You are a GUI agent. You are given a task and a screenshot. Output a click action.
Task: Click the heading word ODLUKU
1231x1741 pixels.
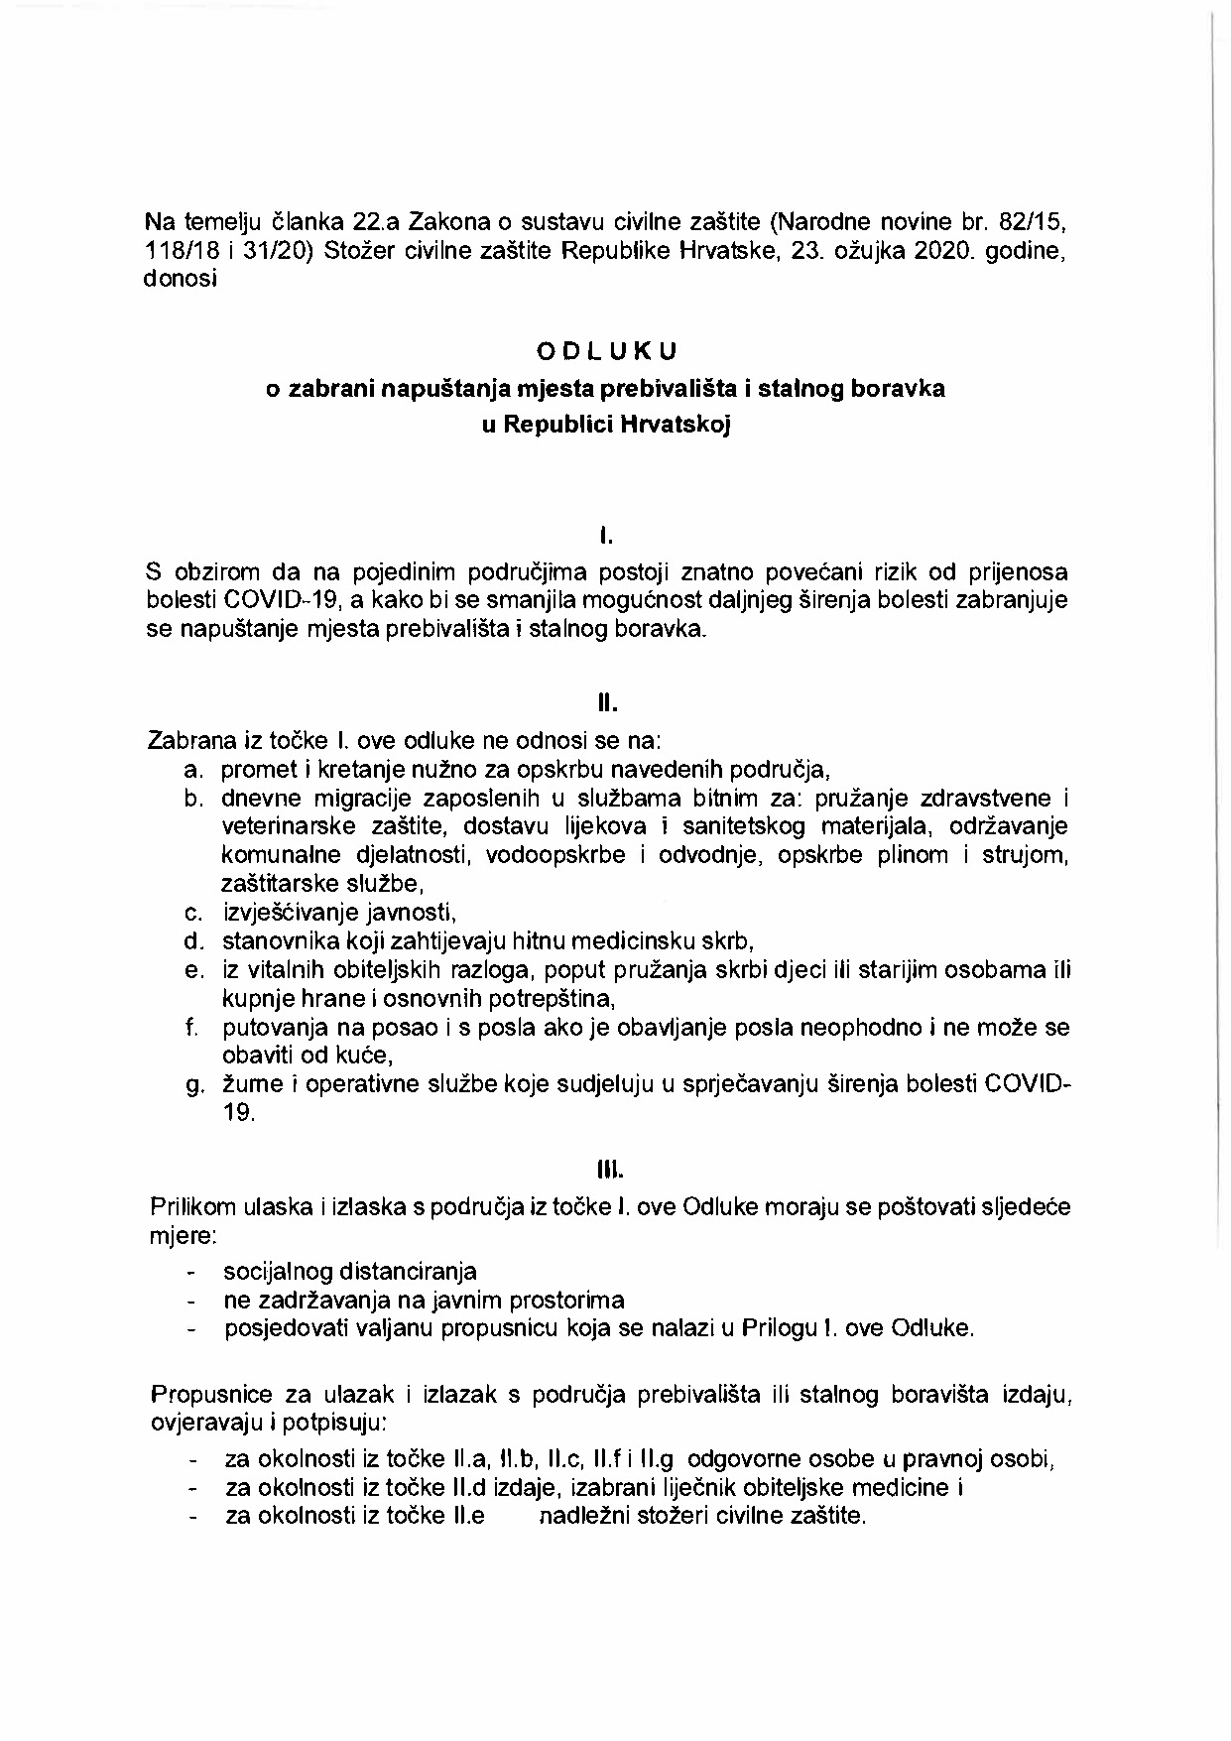pos(607,351)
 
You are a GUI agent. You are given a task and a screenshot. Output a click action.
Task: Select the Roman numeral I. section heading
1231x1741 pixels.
pos(606,538)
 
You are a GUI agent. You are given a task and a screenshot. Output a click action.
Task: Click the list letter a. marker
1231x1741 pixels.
pos(194,770)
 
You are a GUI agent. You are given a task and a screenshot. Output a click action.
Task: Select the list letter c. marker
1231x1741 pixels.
pos(194,913)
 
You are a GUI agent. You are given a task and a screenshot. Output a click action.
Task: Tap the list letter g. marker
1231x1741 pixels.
pos(194,1084)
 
